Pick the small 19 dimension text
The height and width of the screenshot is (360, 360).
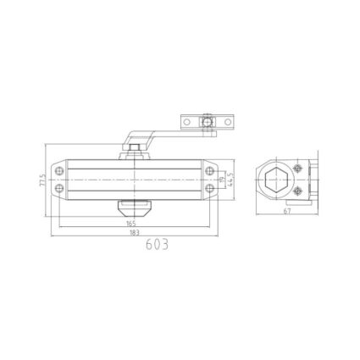(x=223, y=180)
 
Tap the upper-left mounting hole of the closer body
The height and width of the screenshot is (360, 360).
(x=59, y=169)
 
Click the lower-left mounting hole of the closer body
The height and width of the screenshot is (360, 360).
(x=59, y=192)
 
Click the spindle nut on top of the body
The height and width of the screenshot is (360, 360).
(x=134, y=152)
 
